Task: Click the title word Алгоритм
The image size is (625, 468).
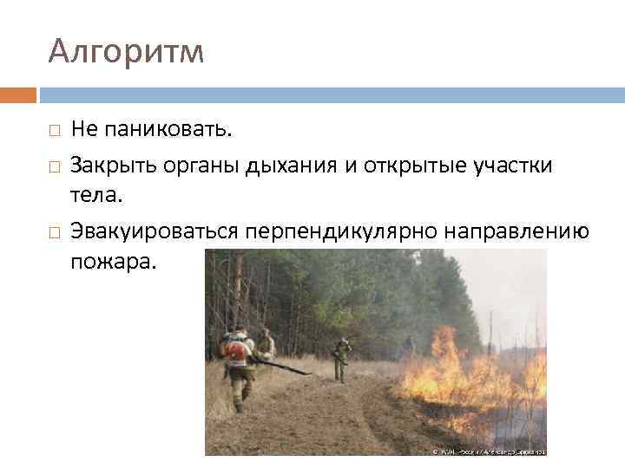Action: click(x=126, y=53)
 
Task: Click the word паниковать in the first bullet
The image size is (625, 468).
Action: click(x=167, y=130)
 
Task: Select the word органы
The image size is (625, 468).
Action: click(x=185, y=166)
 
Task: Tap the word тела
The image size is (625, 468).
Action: click(x=97, y=196)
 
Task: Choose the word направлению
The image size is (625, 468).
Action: click(x=518, y=231)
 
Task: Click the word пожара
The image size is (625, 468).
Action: click(x=114, y=263)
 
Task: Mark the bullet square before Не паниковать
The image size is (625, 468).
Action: click(x=54, y=131)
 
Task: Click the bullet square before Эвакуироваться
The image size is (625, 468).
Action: click(x=54, y=232)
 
